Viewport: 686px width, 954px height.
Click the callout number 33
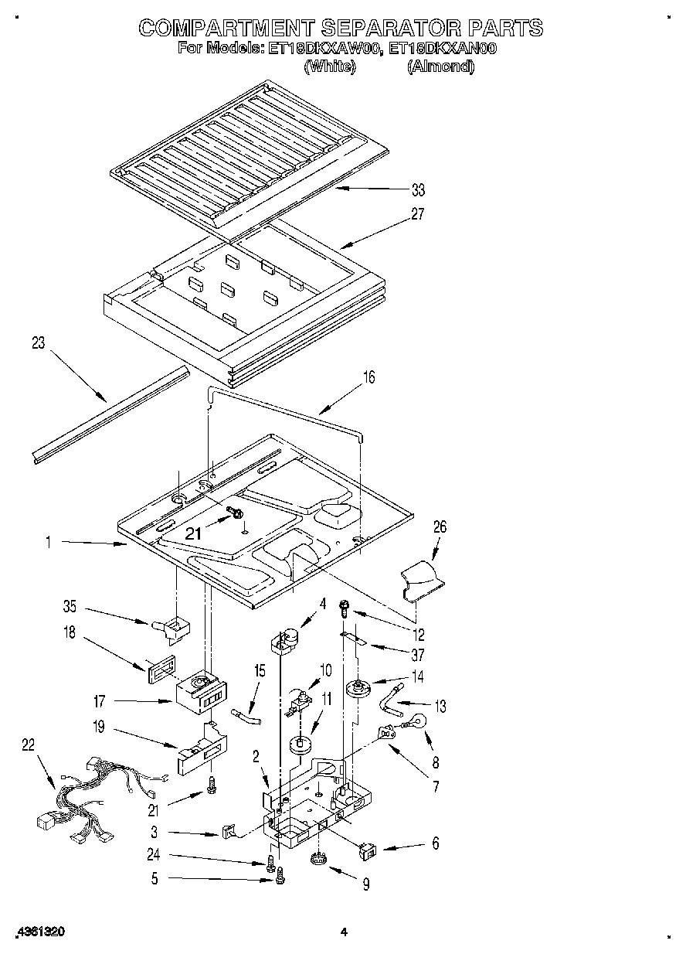(418, 190)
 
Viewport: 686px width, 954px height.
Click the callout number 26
(440, 527)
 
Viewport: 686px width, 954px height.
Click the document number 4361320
(39, 932)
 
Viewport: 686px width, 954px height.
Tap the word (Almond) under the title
(441, 66)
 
